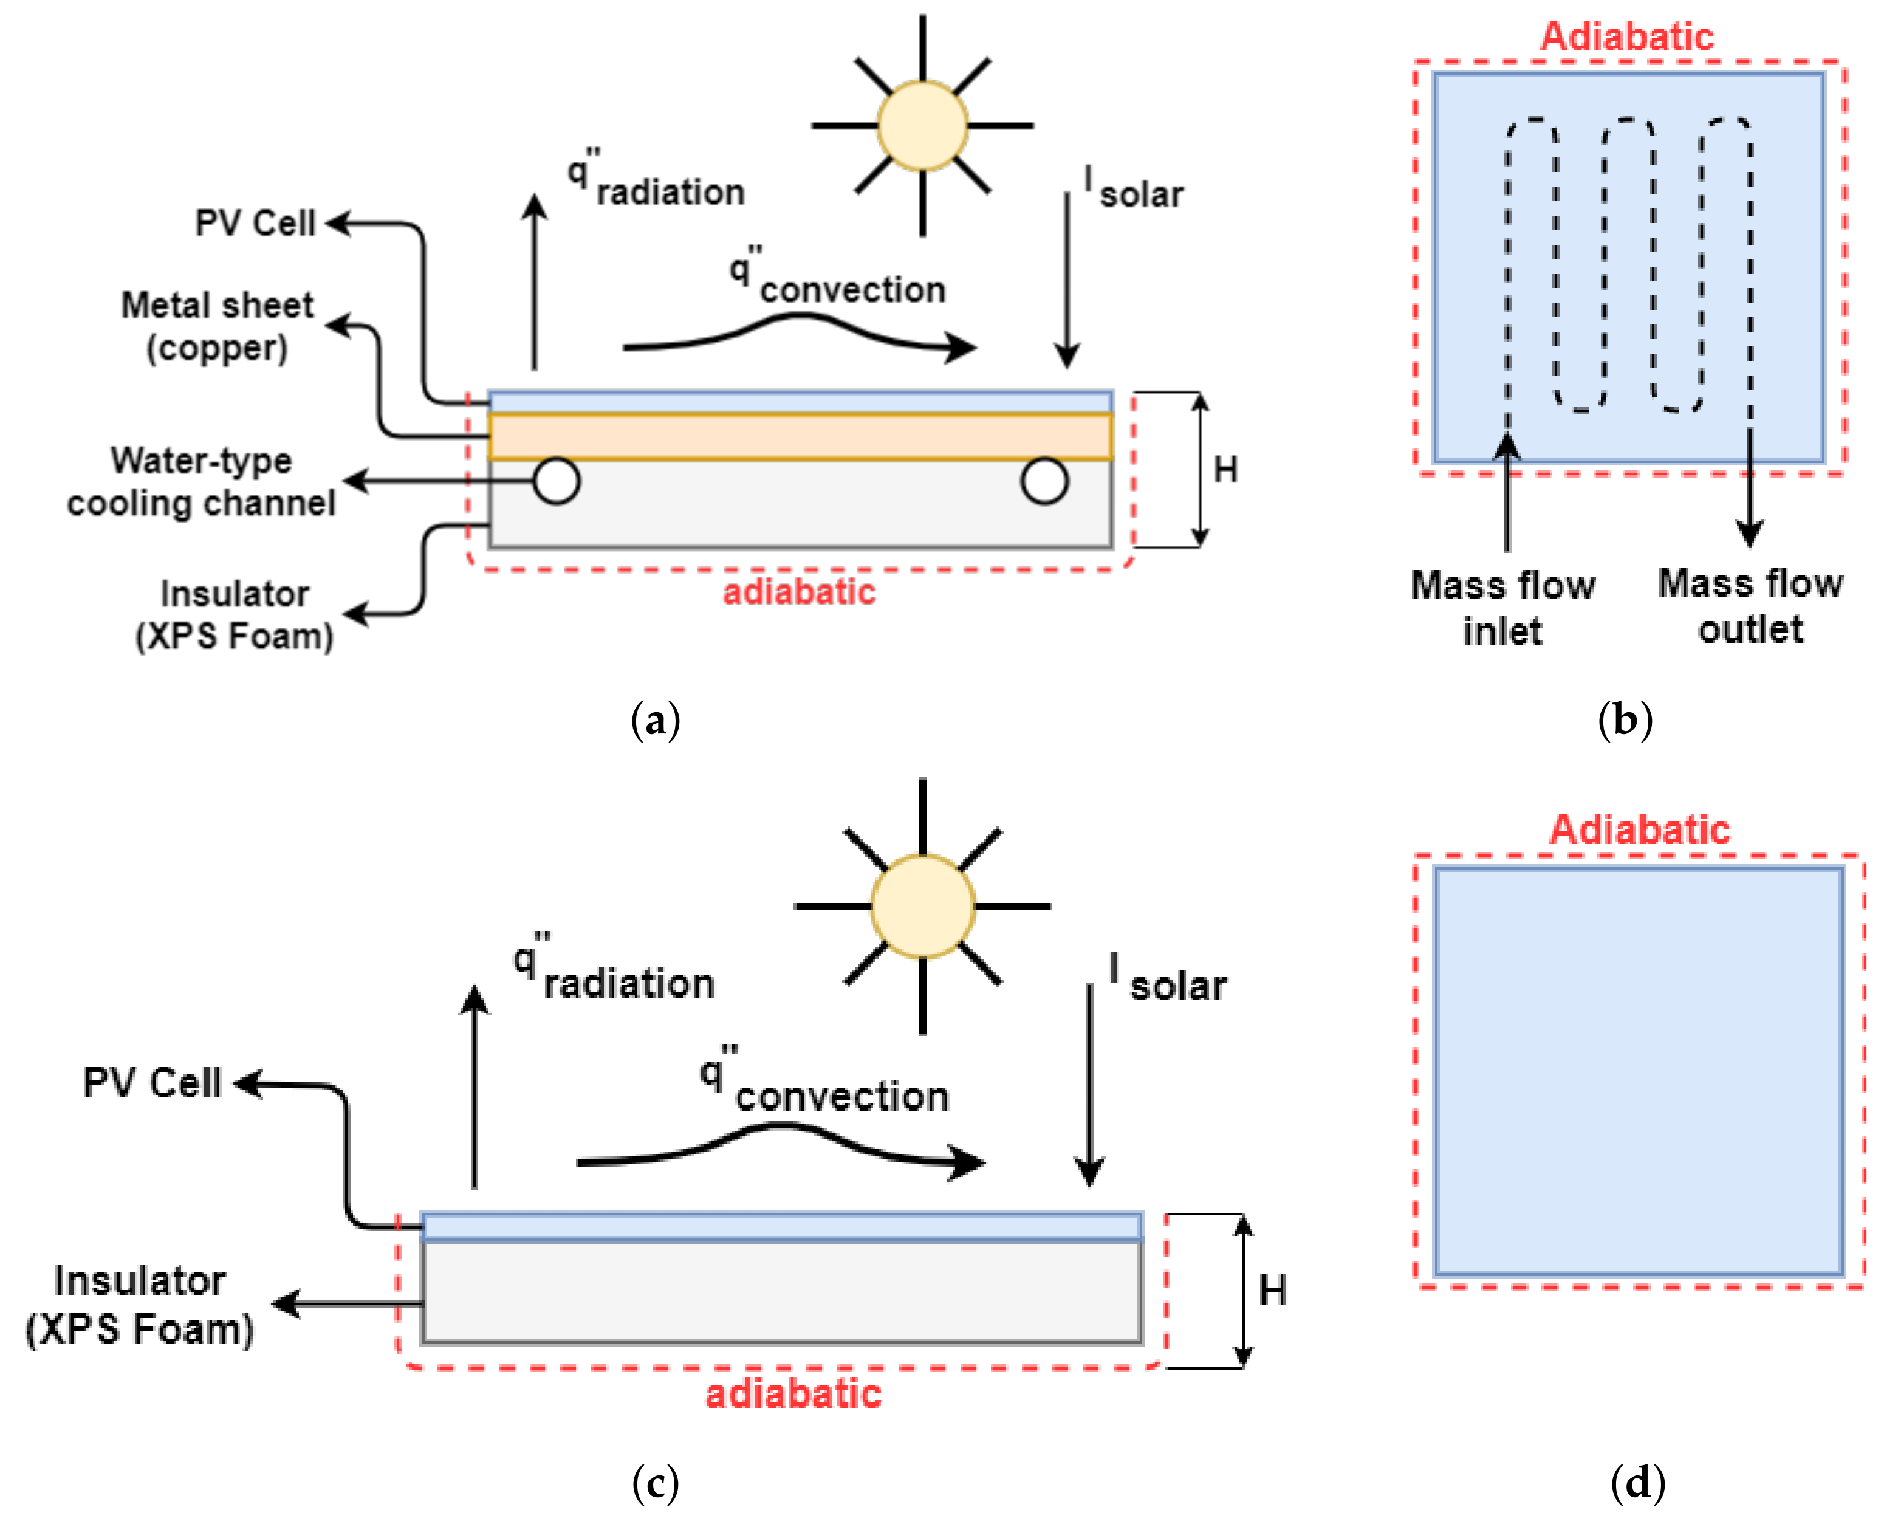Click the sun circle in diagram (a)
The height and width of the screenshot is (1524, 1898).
coord(922,126)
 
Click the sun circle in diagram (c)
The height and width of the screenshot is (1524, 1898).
coord(922,906)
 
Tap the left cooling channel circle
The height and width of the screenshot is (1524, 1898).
coord(557,481)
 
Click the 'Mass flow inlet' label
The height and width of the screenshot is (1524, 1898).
coord(1502,608)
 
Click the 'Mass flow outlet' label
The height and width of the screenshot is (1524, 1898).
coord(1750,606)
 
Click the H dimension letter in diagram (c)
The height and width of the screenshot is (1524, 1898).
coord(1272,1291)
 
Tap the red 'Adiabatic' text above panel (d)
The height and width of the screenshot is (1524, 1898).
coord(1639,829)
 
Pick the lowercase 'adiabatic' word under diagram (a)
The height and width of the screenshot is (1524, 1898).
coord(798,592)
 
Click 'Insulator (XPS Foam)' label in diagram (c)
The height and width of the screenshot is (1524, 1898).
coord(139,1305)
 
